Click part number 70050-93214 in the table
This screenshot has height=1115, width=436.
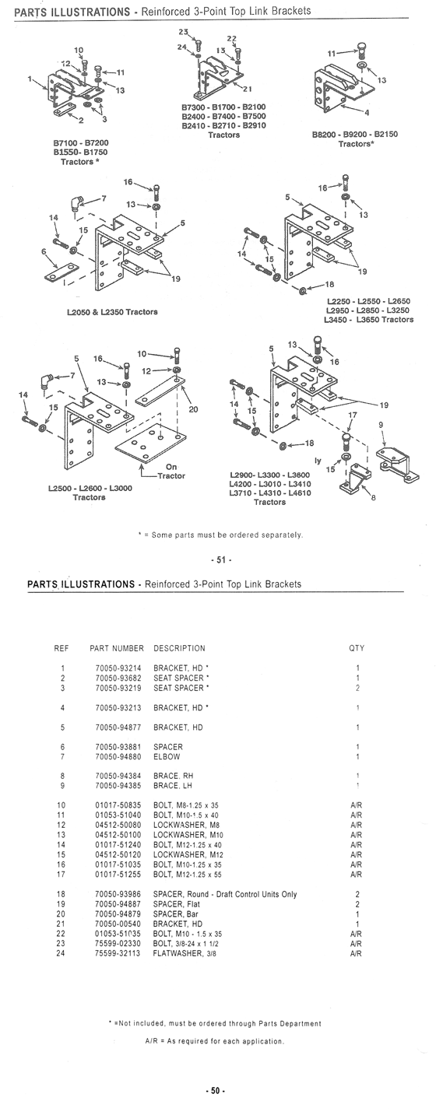point(118,668)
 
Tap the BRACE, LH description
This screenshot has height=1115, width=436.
point(172,785)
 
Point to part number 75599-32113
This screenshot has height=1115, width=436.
point(118,953)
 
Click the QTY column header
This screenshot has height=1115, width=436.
point(357,648)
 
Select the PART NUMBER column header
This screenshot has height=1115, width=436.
point(117,648)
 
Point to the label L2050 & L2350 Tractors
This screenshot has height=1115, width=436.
point(112,312)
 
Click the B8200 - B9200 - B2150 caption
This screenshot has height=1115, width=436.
point(355,135)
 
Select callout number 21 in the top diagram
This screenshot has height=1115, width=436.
point(247,89)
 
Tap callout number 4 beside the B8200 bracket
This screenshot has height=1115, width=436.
point(366,113)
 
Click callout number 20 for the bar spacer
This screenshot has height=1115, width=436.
point(193,409)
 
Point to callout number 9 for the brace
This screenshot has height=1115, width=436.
point(381,425)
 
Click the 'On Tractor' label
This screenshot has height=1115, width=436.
point(171,472)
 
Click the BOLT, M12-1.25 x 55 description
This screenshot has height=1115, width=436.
point(188,874)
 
